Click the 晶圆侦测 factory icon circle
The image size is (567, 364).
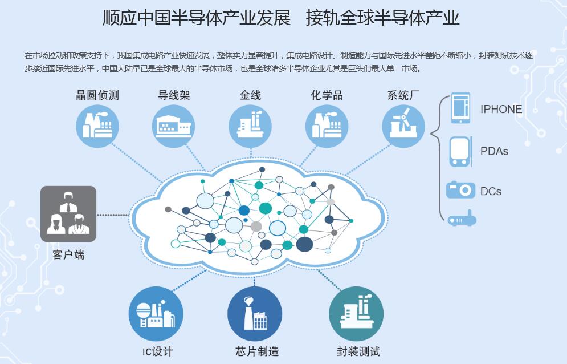tap(97, 126)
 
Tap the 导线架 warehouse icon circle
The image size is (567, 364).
tap(174, 126)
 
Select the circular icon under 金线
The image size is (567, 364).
tap(250, 126)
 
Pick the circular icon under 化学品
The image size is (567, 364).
tap(327, 126)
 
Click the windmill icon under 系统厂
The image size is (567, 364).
tap(403, 126)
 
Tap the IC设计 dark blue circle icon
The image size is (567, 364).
tap(156, 314)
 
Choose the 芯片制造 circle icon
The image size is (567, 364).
tap(255, 314)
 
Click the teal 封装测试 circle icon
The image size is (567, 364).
tap(356, 314)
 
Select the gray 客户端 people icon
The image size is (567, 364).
tap(68, 214)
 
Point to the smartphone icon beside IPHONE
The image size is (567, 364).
tap(460, 108)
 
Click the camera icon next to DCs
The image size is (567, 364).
tap(460, 190)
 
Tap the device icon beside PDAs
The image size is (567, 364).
tap(460, 151)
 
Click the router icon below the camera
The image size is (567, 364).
tap(462, 219)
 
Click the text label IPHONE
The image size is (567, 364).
tap(501, 110)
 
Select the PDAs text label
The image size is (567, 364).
tap(494, 151)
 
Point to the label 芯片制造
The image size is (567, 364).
tap(257, 351)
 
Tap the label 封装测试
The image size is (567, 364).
tap(358, 351)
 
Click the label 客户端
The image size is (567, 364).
tap(68, 255)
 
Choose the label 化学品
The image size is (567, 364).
tap(327, 95)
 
